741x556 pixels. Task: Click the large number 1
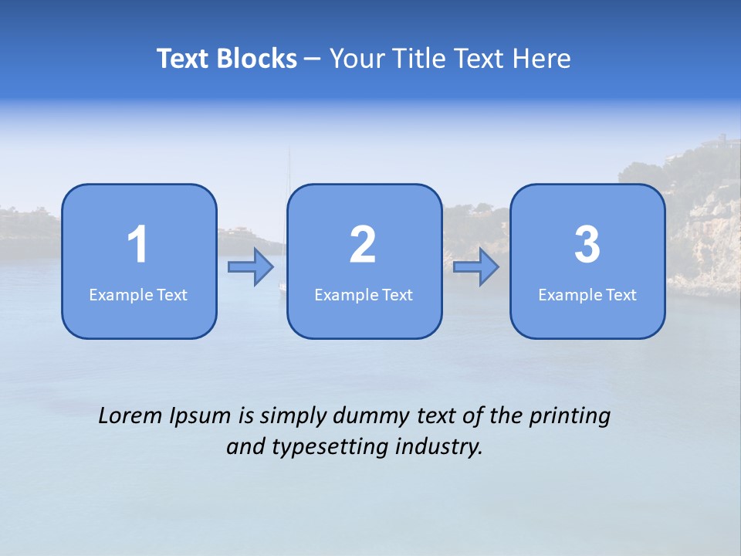pyautogui.click(x=137, y=245)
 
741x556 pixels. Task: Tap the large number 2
pyautogui.click(x=363, y=245)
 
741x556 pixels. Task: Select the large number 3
pyautogui.click(x=587, y=245)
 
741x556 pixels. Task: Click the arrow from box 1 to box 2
pyautogui.click(x=251, y=267)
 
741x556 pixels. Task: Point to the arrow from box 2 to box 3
pyautogui.click(x=476, y=267)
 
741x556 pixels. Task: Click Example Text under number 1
pyautogui.click(x=138, y=294)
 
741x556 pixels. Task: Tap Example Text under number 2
pyautogui.click(x=364, y=294)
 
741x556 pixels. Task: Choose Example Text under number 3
pyautogui.click(x=587, y=294)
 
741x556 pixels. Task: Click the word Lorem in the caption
pyautogui.click(x=130, y=416)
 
